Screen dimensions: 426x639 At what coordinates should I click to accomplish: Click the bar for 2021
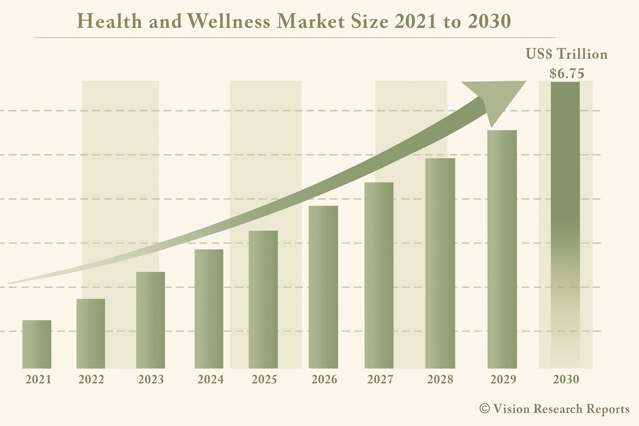tap(37, 344)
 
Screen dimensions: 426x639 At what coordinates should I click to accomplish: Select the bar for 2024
tap(209, 309)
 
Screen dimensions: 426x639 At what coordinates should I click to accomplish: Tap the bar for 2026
tap(323, 287)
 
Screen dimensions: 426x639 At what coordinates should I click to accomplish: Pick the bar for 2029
tap(502, 249)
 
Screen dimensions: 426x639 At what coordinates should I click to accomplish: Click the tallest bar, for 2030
tap(565, 225)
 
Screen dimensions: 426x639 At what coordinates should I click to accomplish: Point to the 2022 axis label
tap(91, 379)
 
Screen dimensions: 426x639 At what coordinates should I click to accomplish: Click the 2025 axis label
tap(264, 379)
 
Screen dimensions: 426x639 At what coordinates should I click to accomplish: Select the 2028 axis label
tap(440, 379)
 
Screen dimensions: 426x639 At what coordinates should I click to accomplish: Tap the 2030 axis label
tap(566, 379)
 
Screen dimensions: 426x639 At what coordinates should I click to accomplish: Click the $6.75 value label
tap(567, 74)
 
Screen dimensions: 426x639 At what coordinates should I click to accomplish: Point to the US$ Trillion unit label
tap(567, 54)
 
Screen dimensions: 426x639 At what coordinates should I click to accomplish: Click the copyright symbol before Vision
tap(484, 409)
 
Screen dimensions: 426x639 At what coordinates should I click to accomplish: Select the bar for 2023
tap(151, 320)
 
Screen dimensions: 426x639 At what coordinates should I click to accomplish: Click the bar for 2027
tap(379, 275)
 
